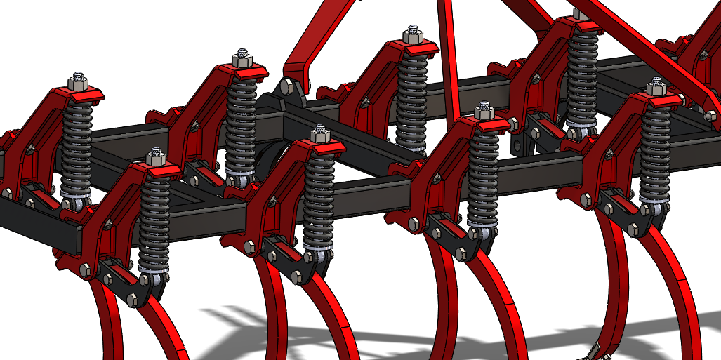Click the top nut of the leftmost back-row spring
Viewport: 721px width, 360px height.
coord(77,81)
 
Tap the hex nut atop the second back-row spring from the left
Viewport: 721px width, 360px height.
coord(242,58)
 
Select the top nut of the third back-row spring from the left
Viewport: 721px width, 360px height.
coord(412,35)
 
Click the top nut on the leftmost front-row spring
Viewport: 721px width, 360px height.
coord(155,156)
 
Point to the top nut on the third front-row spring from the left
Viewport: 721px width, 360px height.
coord(484,112)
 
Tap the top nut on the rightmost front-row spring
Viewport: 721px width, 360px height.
coord(656,87)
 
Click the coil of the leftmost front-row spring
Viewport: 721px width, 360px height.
coord(154,218)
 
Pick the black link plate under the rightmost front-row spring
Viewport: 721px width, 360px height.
coord(628,211)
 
